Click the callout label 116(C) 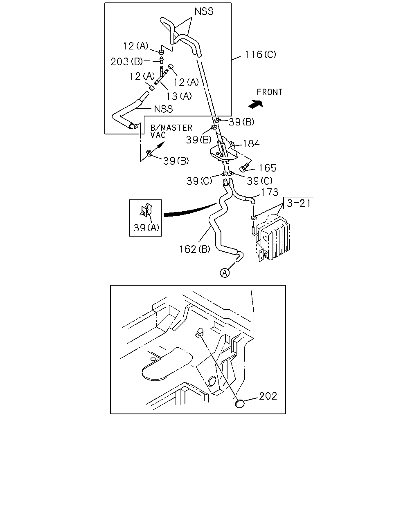[260, 54]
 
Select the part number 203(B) [126, 61]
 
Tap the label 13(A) [179, 96]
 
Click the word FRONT [270, 92]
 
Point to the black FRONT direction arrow [256, 104]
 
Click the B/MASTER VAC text [171, 131]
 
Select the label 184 [251, 143]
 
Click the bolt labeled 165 [244, 167]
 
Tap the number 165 [267, 168]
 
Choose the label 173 [270, 192]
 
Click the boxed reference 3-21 [299, 203]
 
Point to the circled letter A [225, 273]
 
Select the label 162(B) [194, 249]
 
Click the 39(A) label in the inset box [146, 228]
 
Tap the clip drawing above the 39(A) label [146, 210]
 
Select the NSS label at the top [204, 11]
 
